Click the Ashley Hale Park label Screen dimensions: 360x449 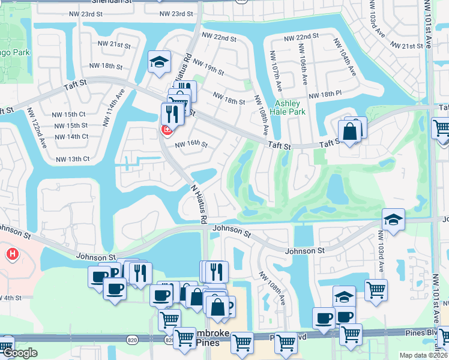tap(290, 107)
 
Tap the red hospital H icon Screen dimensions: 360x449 tap(12, 255)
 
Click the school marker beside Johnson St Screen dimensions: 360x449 tap(393, 220)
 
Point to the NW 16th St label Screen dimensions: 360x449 tap(191, 145)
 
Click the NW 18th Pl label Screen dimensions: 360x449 tap(324, 95)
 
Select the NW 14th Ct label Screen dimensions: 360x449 tap(71, 136)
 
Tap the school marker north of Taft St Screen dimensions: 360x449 tap(160, 62)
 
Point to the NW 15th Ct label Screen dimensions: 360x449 tap(68, 114)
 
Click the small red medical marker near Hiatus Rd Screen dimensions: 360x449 tap(166, 130)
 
